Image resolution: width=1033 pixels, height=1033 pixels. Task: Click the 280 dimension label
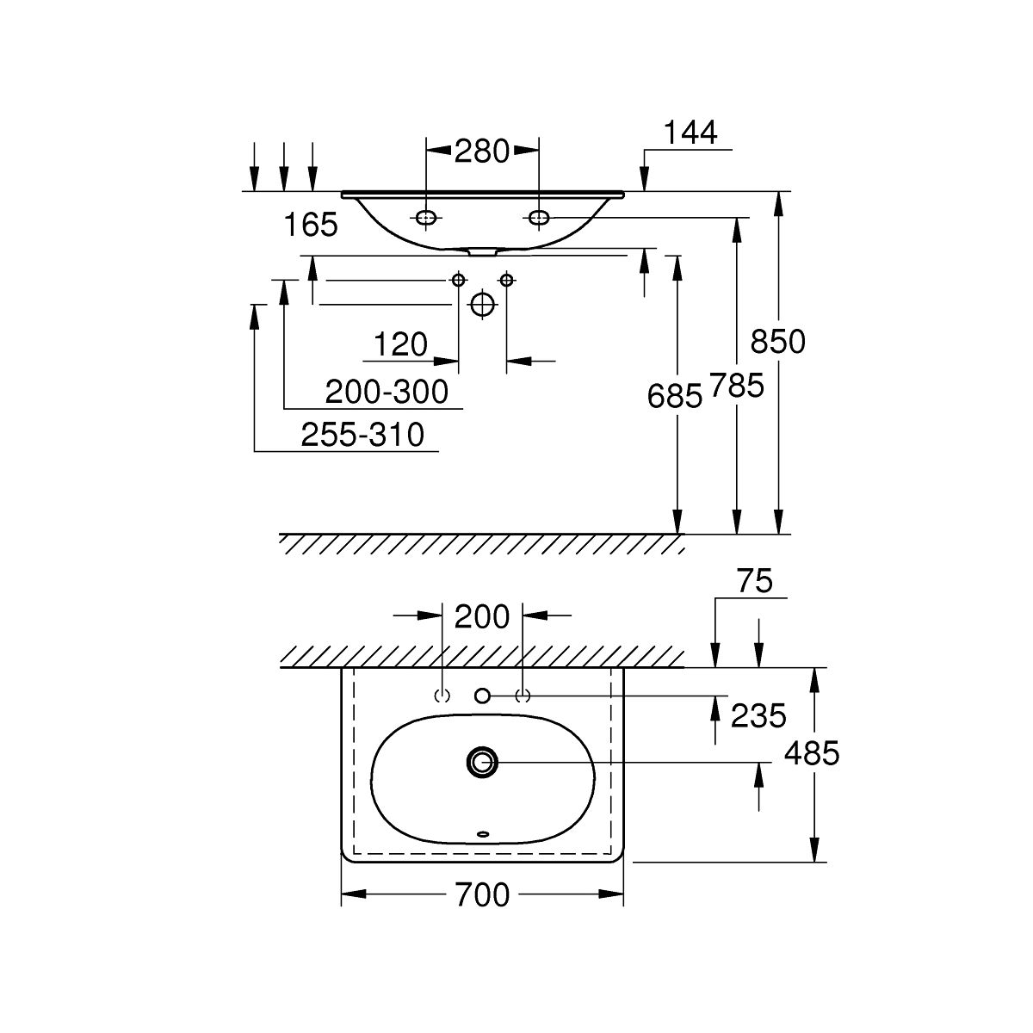(482, 152)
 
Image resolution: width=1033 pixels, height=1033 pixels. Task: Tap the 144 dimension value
(690, 133)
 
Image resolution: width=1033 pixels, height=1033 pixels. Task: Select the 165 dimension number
(311, 226)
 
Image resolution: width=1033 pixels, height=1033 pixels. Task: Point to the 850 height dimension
(777, 342)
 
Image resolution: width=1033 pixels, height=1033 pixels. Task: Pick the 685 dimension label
(677, 396)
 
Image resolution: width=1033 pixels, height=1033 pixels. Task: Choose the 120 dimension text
(400, 345)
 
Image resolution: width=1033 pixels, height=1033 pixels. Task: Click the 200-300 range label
(387, 393)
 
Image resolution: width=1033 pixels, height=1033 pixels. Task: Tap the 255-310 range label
(362, 436)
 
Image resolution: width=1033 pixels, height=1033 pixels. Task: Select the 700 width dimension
(482, 895)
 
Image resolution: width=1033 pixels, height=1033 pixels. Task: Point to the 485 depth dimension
(811, 754)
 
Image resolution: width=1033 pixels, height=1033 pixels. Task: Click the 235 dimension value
(758, 714)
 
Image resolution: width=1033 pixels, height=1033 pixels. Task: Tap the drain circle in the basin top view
(482, 761)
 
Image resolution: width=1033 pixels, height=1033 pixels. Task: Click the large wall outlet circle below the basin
(483, 303)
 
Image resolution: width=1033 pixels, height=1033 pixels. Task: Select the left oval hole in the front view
(425, 219)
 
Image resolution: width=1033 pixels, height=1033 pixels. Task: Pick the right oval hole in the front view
(538, 219)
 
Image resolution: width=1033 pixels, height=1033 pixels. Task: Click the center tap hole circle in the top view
(482, 695)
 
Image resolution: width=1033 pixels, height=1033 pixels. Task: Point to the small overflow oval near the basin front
(482, 833)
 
